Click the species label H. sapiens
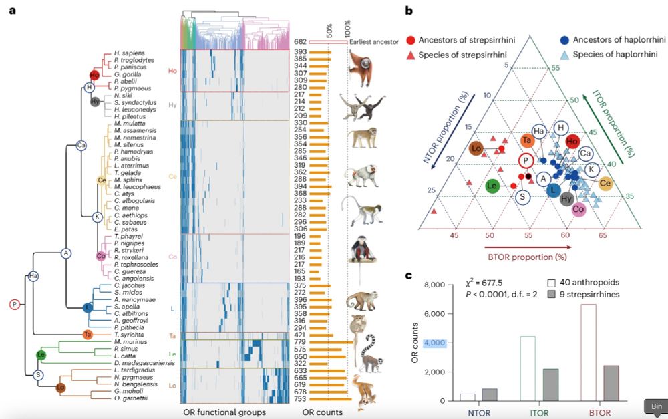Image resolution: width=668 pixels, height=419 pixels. click(x=128, y=52)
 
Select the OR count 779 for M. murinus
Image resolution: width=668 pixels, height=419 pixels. click(x=300, y=342)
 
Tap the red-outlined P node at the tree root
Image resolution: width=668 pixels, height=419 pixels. click(x=15, y=304)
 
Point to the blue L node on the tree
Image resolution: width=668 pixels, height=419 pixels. click(x=88, y=307)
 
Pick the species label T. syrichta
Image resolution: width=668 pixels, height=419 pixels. click(x=128, y=334)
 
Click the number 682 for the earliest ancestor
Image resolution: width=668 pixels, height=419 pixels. click(x=301, y=43)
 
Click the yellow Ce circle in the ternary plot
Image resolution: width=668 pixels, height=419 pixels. click(x=606, y=183)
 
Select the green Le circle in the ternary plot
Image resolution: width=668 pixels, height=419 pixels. click(x=493, y=186)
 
